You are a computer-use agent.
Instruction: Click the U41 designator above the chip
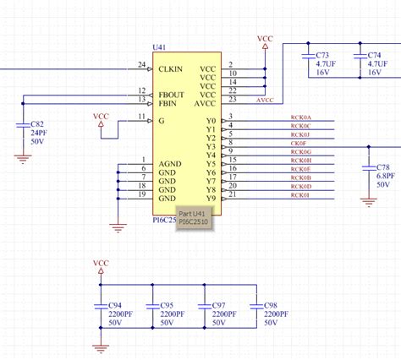(x=158, y=47)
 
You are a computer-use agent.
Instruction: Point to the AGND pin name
(x=171, y=162)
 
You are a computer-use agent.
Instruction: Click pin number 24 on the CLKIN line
(x=141, y=64)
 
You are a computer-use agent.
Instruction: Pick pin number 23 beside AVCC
(x=233, y=100)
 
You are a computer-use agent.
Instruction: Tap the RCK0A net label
(x=300, y=117)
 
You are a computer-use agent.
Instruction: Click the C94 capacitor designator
(x=115, y=304)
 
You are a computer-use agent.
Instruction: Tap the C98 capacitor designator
(x=271, y=304)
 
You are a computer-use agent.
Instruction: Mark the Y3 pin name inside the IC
(x=211, y=145)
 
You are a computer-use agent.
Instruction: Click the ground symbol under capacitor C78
(x=368, y=200)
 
